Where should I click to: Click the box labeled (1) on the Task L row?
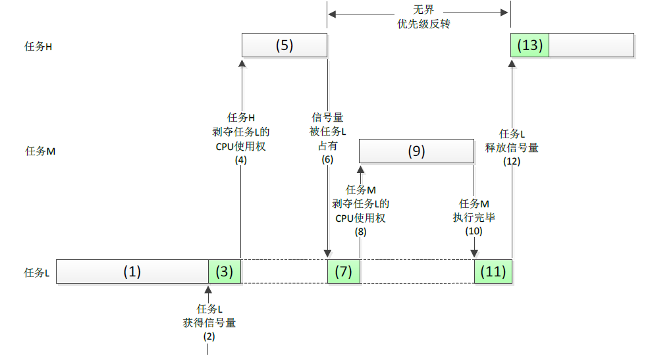tap(132, 272)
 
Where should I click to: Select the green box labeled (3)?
tap(225, 272)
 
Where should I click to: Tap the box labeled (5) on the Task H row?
tap(284, 45)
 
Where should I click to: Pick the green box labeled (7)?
tap(343, 272)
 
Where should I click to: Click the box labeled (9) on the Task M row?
tap(416, 151)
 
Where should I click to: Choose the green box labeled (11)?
tap(493, 272)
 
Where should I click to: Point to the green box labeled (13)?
tap(530, 45)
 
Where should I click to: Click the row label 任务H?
tap(38, 47)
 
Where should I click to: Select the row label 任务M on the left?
tap(40, 151)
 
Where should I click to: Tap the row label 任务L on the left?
tap(37, 272)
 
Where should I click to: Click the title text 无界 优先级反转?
tap(419, 17)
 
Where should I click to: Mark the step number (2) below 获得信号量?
tap(208, 336)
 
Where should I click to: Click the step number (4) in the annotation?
tap(240, 159)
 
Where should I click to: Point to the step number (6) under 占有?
tap(327, 159)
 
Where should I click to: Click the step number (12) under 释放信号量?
tap(512, 161)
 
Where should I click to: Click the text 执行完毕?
tap(474, 217)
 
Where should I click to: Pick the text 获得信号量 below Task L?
tap(209, 322)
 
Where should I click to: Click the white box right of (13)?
tap(591, 45)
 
